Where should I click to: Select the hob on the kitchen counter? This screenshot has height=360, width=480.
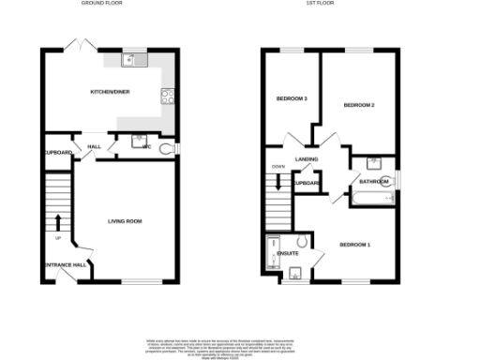[167, 93]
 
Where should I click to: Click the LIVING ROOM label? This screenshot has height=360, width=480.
[125, 221]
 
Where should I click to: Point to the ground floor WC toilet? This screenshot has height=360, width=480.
[168, 148]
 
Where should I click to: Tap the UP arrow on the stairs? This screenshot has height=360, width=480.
[58, 222]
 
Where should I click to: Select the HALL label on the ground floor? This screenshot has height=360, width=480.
[94, 147]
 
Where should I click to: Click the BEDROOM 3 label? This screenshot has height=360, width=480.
[292, 98]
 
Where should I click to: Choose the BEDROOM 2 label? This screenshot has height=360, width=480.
[359, 105]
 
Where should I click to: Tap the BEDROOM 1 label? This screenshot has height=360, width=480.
[354, 245]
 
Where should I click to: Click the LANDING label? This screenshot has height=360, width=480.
[307, 159]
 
